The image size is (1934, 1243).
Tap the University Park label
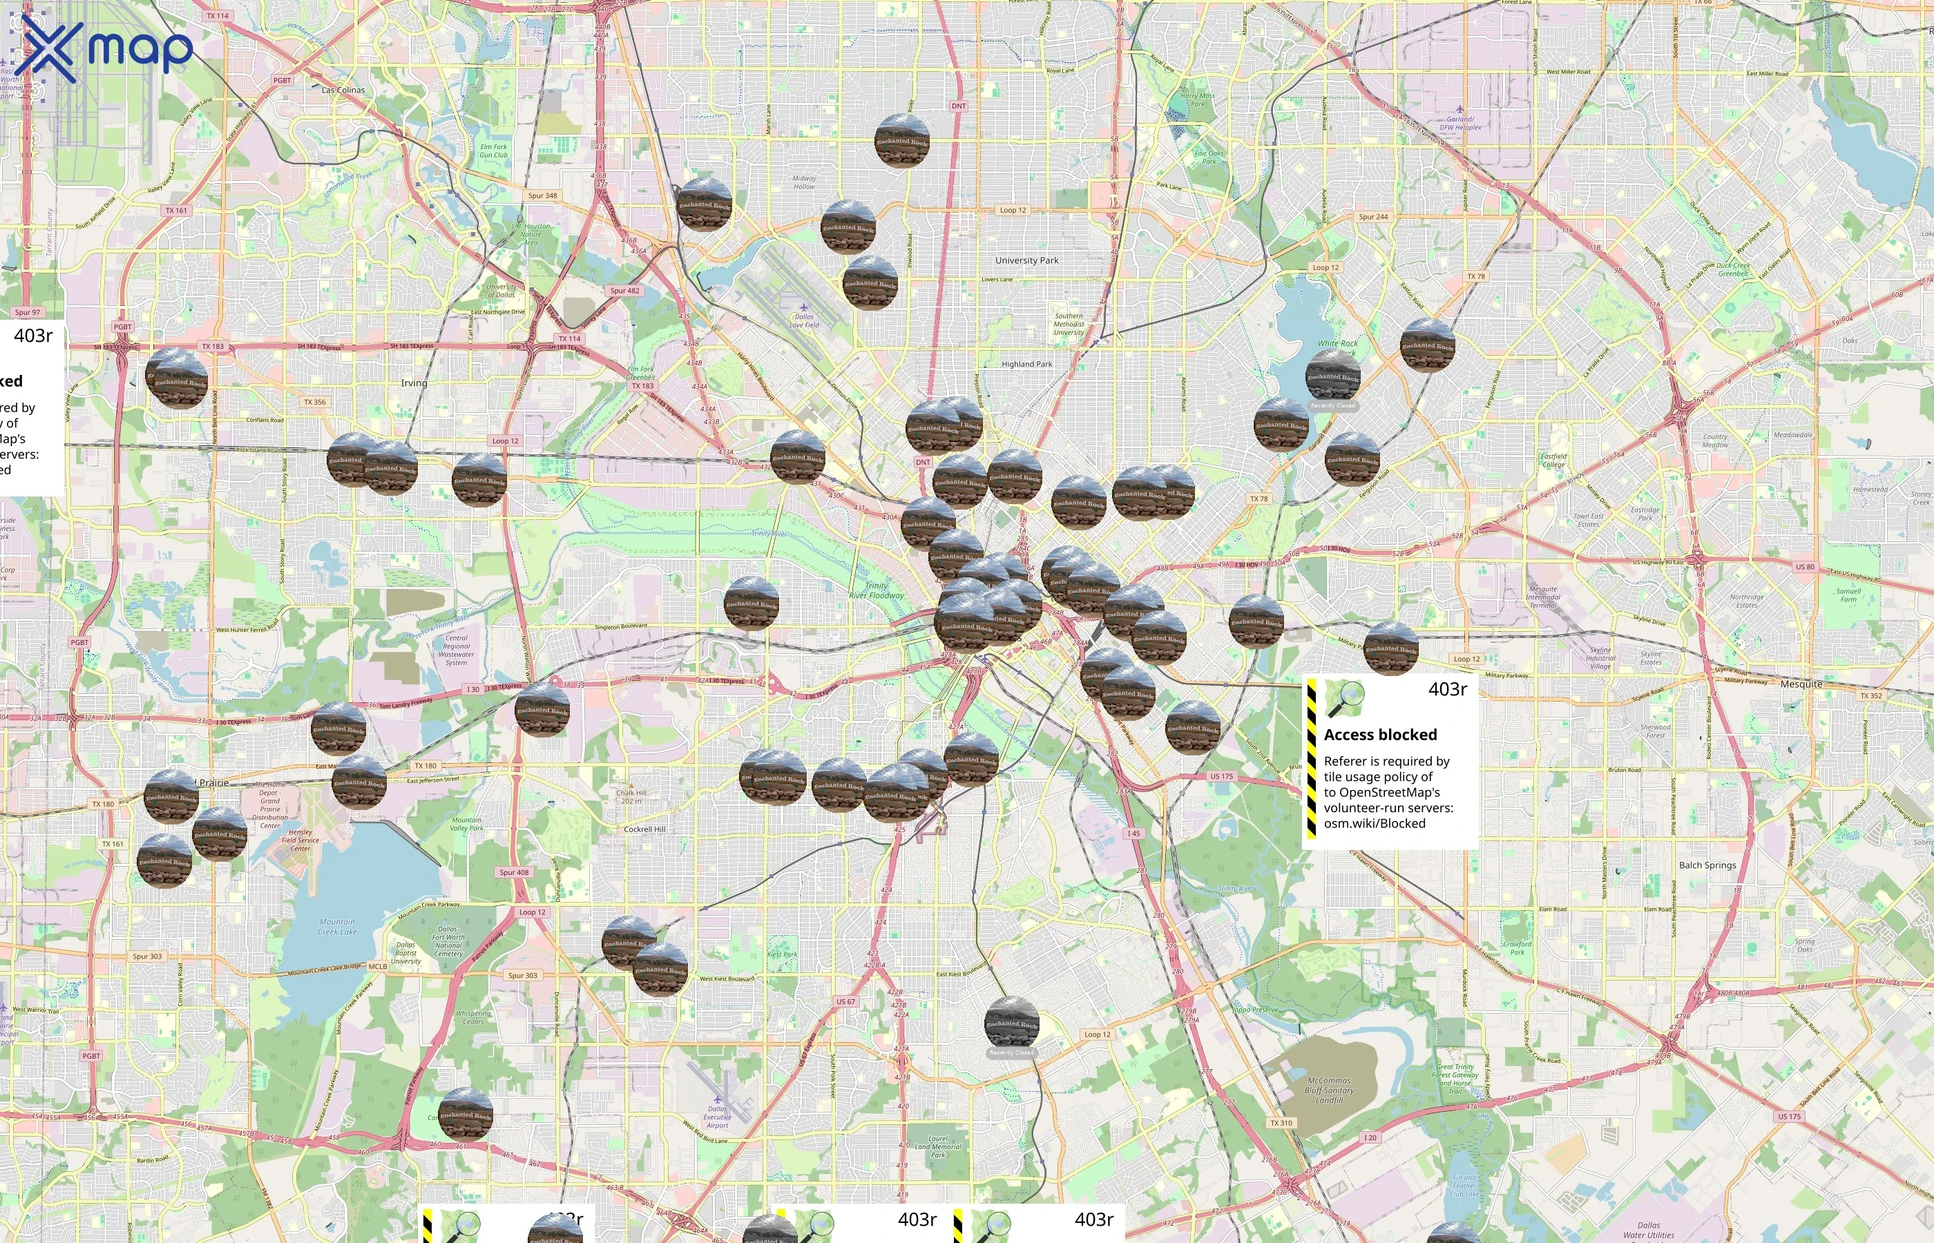[x=1026, y=261]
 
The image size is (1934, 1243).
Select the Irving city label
[x=414, y=383]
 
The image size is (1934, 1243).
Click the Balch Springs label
[x=1707, y=865]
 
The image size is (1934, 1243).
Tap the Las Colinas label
[x=343, y=90]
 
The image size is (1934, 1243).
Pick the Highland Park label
[x=1026, y=364]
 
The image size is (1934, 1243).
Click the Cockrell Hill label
[x=644, y=829]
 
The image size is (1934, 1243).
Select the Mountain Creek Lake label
[x=336, y=927]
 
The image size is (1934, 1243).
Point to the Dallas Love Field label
[x=804, y=320]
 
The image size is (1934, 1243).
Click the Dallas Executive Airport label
[x=717, y=1117]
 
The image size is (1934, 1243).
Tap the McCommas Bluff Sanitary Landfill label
[x=1329, y=1090]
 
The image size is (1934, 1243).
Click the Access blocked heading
[x=1380, y=735]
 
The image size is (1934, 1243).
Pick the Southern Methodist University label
[x=1069, y=325]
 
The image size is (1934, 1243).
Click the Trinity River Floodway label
[x=877, y=591]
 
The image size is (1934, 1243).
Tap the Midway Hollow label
[x=804, y=182]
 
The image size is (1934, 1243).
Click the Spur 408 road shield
[x=514, y=873]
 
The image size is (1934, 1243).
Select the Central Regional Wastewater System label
[x=456, y=650]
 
